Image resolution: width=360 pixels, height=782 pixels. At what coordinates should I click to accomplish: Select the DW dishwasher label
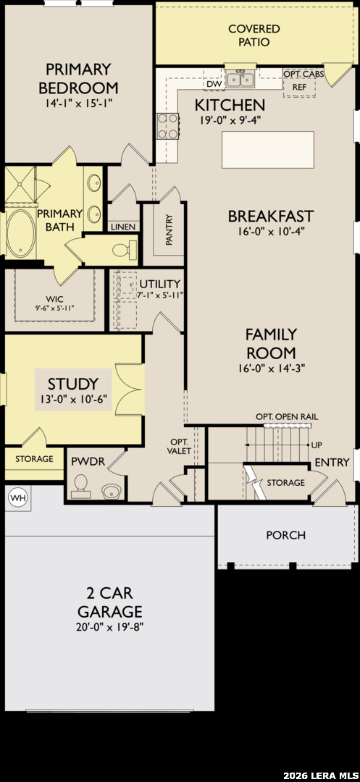pyautogui.click(x=214, y=84)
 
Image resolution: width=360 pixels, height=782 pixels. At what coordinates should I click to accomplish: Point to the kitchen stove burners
pyautogui.click(x=168, y=126)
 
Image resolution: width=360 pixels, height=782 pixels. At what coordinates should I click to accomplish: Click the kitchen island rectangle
pyautogui.click(x=268, y=150)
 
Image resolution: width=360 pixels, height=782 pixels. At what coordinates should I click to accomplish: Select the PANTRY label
pyautogui.click(x=169, y=230)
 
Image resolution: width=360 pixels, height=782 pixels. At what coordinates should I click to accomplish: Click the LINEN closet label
pyautogui.click(x=123, y=227)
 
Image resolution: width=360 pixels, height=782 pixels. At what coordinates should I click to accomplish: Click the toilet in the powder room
pyautogui.click(x=80, y=487)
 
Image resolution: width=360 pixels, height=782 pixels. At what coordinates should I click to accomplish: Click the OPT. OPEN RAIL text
pyautogui.click(x=287, y=416)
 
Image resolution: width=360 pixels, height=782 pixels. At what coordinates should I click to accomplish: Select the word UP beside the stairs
pyautogui.click(x=316, y=445)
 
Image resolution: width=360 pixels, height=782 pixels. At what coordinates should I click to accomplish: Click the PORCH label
pyautogui.click(x=285, y=535)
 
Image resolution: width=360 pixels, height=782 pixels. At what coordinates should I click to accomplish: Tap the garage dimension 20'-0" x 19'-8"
pyautogui.click(x=109, y=627)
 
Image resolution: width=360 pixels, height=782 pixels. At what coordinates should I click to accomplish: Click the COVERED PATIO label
pyautogui.click(x=254, y=35)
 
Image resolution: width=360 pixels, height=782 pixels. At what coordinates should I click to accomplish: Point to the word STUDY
pyautogui.click(x=73, y=384)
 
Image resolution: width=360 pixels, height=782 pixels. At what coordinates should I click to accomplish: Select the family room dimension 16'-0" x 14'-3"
pyautogui.click(x=271, y=369)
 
